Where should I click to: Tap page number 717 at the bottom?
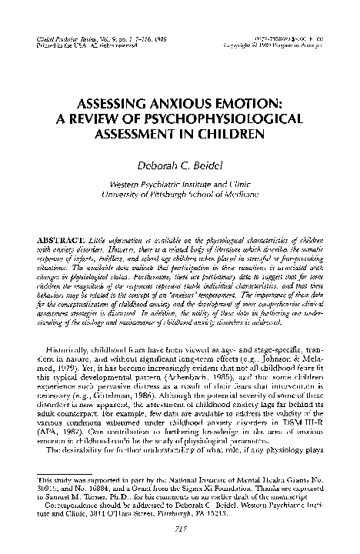[180, 531]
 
